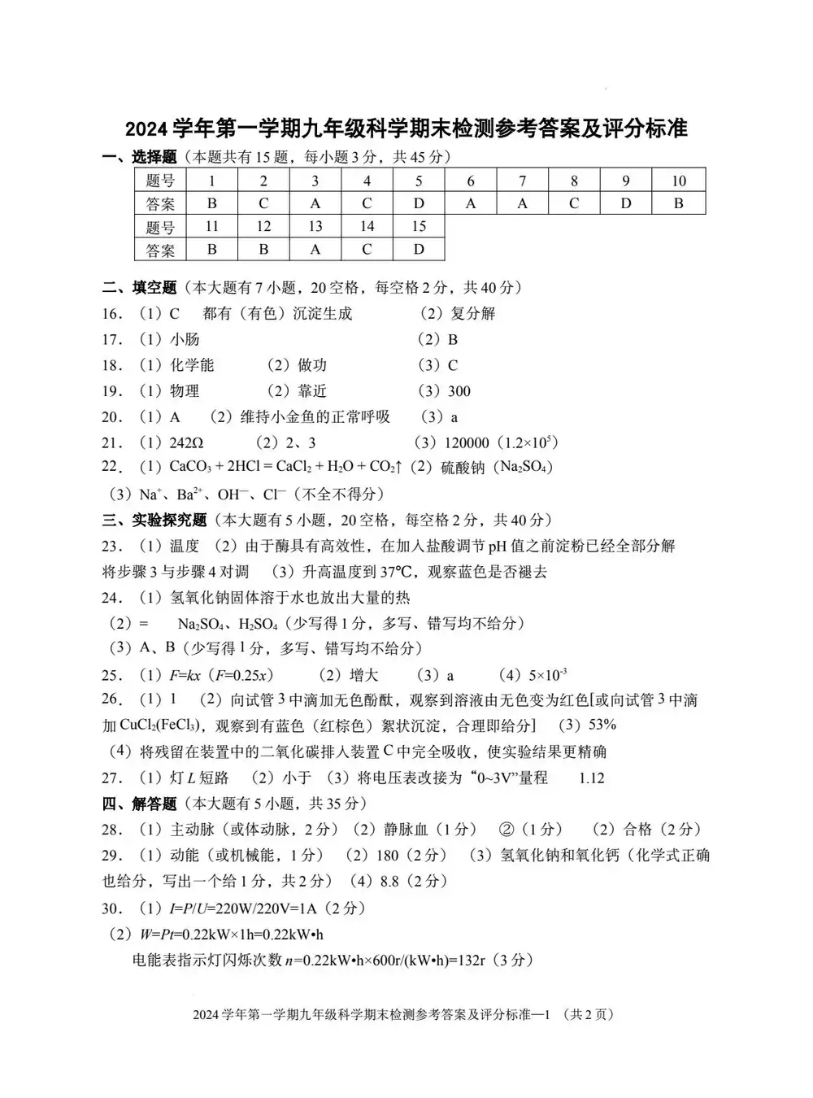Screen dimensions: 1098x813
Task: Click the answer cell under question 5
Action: (x=419, y=203)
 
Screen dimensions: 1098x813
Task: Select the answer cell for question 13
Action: (x=315, y=249)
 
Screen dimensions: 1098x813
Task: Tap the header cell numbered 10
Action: (x=679, y=181)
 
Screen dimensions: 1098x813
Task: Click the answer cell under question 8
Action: (x=574, y=203)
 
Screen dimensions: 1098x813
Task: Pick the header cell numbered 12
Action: (x=263, y=226)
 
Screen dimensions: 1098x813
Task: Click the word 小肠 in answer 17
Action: (x=185, y=339)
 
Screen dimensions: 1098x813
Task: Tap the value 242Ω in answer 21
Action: (x=186, y=442)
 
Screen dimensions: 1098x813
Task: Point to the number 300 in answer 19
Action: (x=459, y=391)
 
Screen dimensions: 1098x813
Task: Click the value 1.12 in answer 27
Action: (x=591, y=778)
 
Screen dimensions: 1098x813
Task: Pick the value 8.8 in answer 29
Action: (x=390, y=881)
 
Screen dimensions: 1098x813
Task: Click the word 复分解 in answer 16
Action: (x=472, y=313)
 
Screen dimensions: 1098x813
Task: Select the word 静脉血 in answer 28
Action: (x=405, y=830)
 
